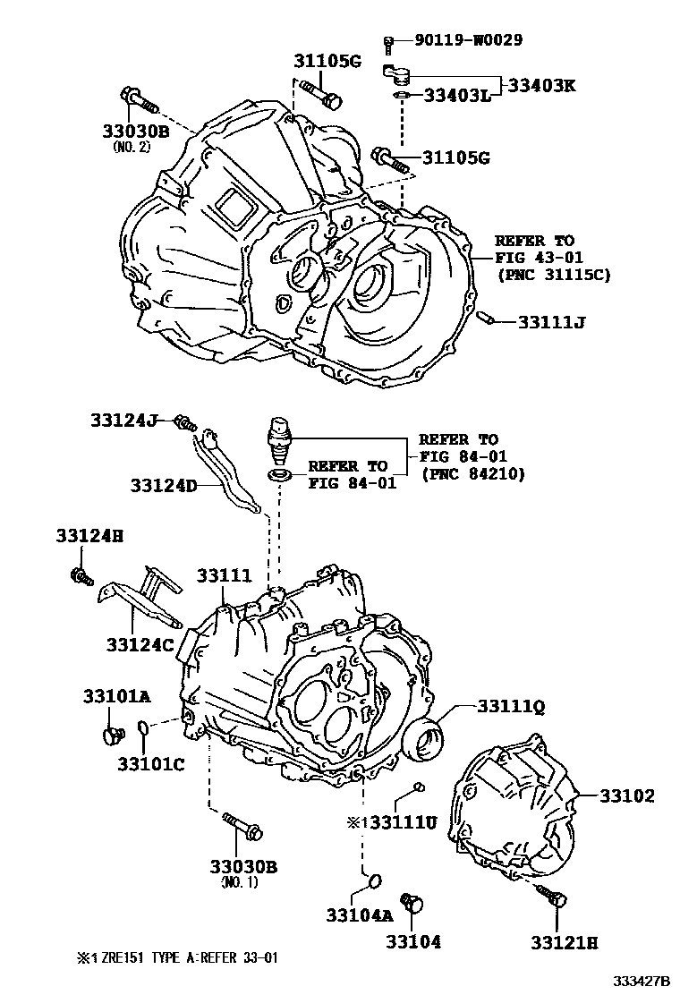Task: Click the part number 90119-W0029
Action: pos(468,39)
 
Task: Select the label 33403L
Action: pos(456,95)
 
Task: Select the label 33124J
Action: pos(123,419)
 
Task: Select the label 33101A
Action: pos(117,695)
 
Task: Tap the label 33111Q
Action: pos(510,707)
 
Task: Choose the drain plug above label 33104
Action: pos(412,902)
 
